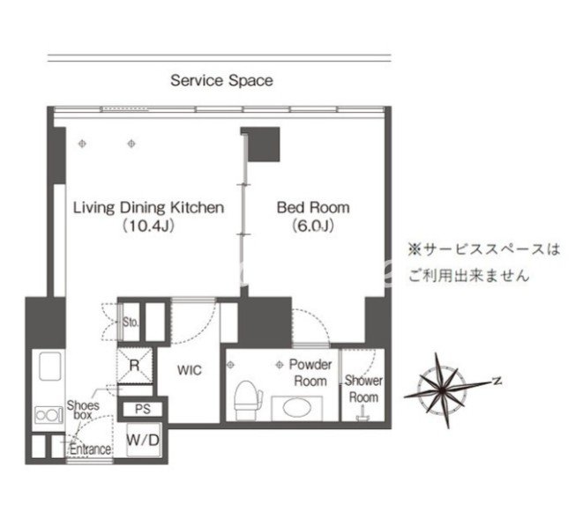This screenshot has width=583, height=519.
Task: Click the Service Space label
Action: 221,80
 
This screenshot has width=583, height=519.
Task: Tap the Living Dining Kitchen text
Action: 148,207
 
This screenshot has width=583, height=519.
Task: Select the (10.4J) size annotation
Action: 148,226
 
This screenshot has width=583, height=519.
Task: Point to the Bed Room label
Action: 313,207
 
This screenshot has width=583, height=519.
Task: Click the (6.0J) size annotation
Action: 313,226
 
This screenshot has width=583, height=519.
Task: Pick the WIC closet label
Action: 190,370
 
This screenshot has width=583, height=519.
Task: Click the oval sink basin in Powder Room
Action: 297,408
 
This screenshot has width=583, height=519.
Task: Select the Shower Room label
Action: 363,389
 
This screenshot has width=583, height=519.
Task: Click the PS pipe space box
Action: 142,410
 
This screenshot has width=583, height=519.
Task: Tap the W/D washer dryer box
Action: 143,440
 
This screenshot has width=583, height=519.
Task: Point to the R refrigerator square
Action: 135,366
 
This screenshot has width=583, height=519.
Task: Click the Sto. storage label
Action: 131,322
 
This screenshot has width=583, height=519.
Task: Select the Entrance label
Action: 90,449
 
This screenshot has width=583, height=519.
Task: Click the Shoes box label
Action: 83,410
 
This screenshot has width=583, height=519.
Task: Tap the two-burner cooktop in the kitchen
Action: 49,415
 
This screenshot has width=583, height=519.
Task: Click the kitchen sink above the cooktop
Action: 49,366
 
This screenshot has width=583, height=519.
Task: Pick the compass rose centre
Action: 441,390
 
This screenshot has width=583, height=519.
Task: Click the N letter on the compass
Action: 497,381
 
